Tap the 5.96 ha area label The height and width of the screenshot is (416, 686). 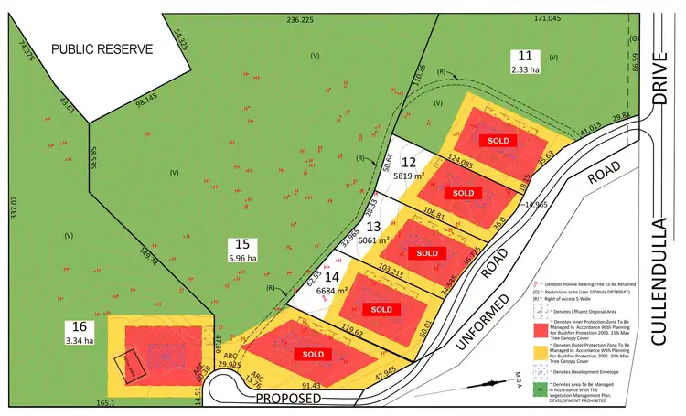click(242, 258)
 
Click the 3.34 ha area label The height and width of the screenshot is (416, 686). click(79, 341)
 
